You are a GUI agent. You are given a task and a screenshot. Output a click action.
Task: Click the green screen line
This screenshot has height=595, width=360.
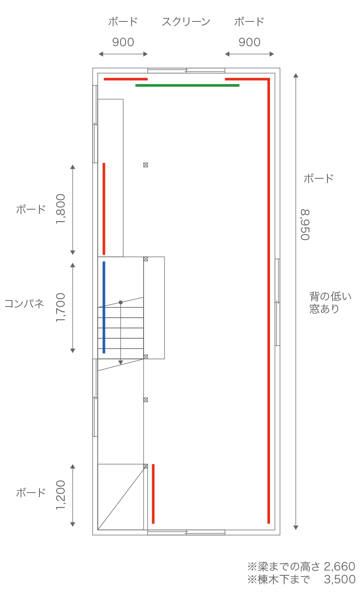[x=187, y=86]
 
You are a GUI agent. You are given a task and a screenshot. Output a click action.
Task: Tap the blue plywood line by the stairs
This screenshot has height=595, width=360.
[x=104, y=307]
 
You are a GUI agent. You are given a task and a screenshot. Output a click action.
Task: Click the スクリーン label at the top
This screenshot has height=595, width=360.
[x=186, y=22]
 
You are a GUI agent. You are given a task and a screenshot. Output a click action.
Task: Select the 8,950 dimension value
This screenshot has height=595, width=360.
[x=305, y=225]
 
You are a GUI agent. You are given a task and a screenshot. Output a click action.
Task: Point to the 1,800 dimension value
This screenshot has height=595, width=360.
[x=61, y=209]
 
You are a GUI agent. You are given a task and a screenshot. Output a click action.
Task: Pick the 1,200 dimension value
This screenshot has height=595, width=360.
[x=61, y=495]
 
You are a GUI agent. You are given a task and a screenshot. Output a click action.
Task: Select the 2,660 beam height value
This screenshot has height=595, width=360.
[x=339, y=567]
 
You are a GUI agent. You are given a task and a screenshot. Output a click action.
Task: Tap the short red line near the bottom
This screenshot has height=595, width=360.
[x=153, y=493]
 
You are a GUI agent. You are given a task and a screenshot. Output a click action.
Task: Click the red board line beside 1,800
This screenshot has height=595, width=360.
[x=104, y=209]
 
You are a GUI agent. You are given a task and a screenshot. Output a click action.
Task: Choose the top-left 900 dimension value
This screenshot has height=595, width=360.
[x=123, y=42]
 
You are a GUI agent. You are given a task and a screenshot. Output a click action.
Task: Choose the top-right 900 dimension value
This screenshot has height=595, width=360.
[x=249, y=42]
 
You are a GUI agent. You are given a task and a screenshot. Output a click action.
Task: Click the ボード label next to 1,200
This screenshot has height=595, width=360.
[x=31, y=493]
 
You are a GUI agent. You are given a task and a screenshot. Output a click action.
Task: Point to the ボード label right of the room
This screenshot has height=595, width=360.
[x=318, y=179]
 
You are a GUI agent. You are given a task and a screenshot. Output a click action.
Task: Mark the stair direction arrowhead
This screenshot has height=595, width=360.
[x=120, y=362]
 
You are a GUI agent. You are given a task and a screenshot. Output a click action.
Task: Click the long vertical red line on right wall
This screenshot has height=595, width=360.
[x=269, y=300]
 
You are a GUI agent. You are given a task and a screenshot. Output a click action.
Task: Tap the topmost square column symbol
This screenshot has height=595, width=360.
[x=146, y=165]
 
